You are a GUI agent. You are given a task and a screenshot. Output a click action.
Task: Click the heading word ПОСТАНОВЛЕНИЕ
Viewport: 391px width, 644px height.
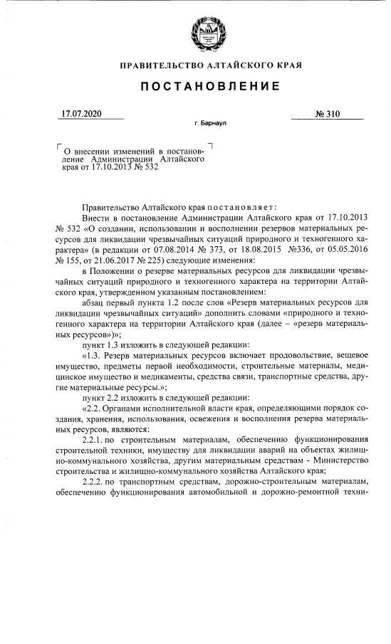pos(209,86)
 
